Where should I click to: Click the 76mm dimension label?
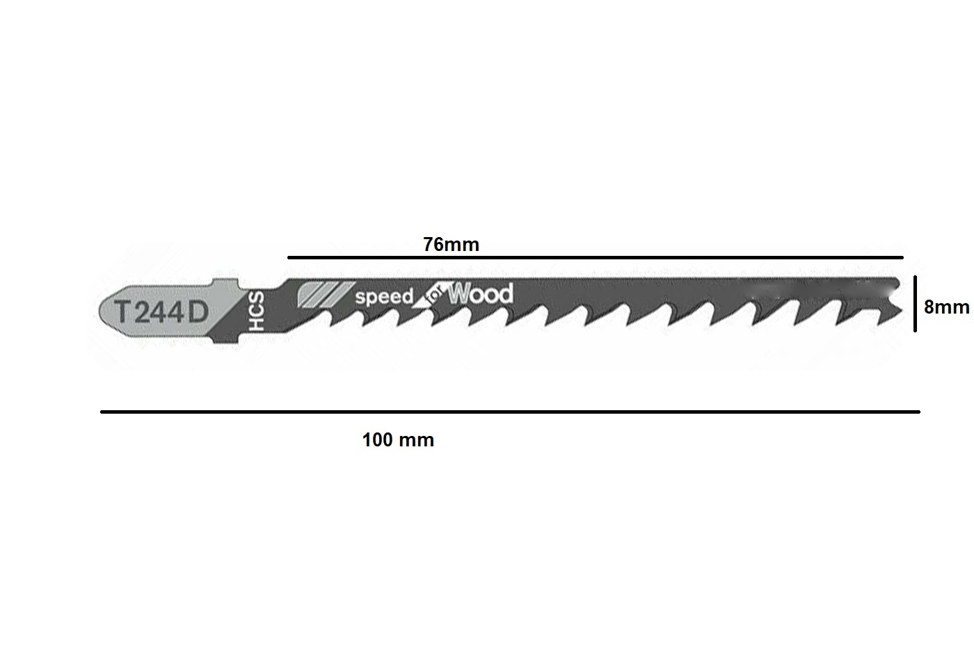[451, 245]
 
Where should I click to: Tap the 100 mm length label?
[398, 440]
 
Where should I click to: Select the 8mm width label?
[946, 307]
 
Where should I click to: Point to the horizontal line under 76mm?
[596, 258]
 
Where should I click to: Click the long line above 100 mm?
[510, 412]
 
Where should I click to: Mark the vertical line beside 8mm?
[915, 304]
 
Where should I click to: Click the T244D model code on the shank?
[161, 312]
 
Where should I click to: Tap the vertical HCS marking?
[256, 311]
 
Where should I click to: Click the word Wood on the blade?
[481, 294]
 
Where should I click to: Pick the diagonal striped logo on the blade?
[326, 294]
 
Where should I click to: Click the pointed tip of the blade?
[901, 310]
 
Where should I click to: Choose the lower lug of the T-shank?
[226, 339]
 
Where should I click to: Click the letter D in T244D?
[198, 312]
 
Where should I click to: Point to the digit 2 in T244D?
[142, 312]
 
